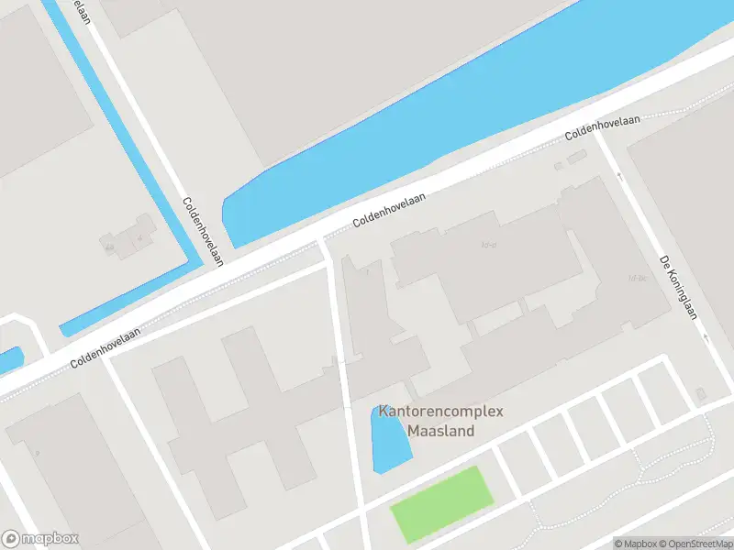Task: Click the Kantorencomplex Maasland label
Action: (441, 421)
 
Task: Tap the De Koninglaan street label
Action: (679, 287)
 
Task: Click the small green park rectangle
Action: (442, 503)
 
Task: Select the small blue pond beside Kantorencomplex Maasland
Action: (389, 440)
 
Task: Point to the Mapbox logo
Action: (40, 539)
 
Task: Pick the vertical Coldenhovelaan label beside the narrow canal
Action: (203, 232)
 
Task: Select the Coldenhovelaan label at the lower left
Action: (108, 348)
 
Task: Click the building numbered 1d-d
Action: (489, 245)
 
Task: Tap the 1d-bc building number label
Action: (637, 277)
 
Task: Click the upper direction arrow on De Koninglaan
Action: (619, 176)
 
